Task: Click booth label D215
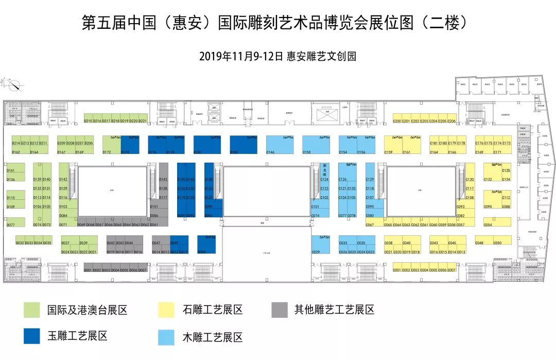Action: [88, 121]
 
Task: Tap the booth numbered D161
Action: [11, 170]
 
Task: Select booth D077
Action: [11, 225]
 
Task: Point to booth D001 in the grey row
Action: [88, 270]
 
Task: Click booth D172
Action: [107, 152]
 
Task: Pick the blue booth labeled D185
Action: [234, 152]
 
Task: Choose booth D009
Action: [202, 252]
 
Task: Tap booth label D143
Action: [164, 179]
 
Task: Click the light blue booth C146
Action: [271, 152]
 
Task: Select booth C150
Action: [307, 152]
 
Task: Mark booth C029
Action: [316, 252]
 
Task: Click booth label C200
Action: [397, 121]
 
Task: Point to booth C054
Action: [488, 225]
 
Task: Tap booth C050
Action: [497, 243]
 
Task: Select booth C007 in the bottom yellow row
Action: [452, 270]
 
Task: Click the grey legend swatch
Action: [280, 310]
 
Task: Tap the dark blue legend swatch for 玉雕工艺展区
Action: [32, 336]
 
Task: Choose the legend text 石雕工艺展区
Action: [212, 310]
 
